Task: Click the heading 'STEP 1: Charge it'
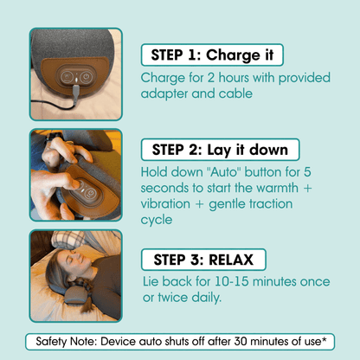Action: click(211, 55)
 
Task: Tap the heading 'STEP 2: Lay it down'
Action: click(220, 149)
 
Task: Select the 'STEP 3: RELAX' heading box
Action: click(203, 260)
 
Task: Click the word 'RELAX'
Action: click(231, 260)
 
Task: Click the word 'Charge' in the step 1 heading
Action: click(232, 55)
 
